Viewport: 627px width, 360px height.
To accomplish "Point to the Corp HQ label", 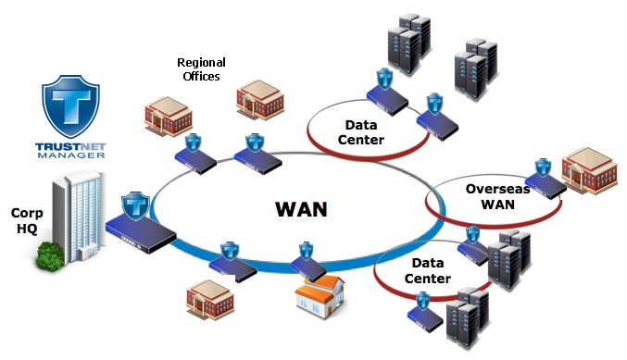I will coord(20,220).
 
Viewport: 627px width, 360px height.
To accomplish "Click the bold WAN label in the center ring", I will coord(302,208).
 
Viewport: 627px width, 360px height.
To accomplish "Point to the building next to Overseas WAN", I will coord(589,168).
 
